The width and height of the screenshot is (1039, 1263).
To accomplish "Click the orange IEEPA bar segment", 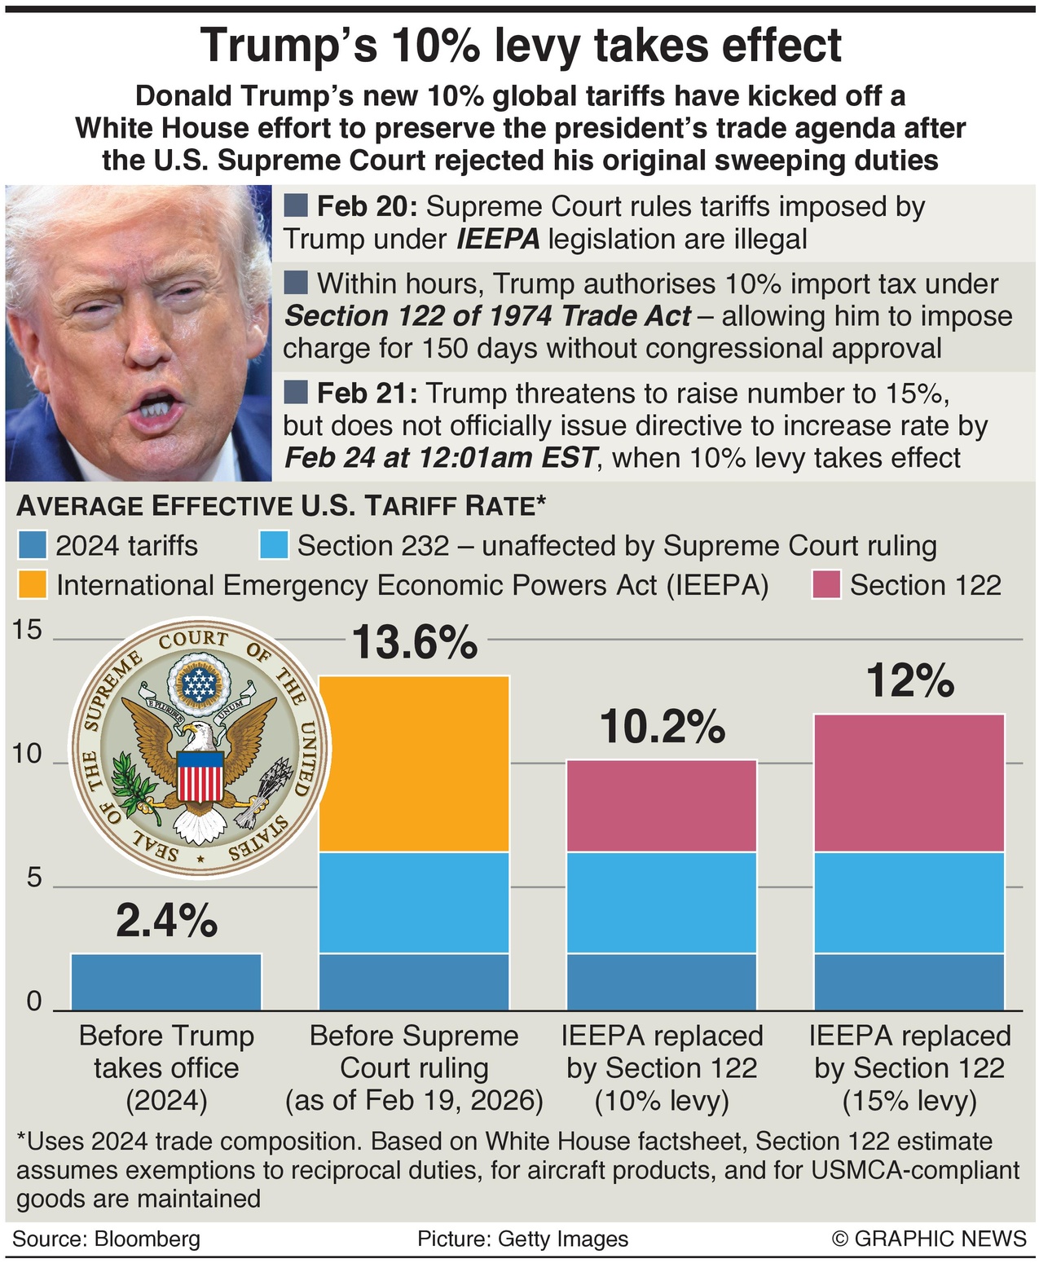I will [x=414, y=764].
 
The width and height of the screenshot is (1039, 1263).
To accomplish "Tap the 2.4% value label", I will [x=166, y=921].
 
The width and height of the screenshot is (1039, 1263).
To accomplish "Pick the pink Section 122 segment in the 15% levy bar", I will [x=909, y=783].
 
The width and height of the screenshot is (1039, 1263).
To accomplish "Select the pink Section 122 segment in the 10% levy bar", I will [x=662, y=806].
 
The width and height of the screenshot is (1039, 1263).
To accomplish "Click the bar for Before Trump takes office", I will [x=166, y=981].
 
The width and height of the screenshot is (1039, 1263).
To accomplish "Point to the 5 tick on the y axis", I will [x=33, y=878].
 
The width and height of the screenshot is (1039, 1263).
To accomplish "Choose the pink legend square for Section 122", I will [x=825, y=585].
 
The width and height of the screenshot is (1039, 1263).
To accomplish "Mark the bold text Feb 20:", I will [x=366, y=207].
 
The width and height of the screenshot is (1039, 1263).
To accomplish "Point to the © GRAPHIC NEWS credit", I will [x=928, y=1239].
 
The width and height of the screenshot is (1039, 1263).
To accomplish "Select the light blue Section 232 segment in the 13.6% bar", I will [x=414, y=902].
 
